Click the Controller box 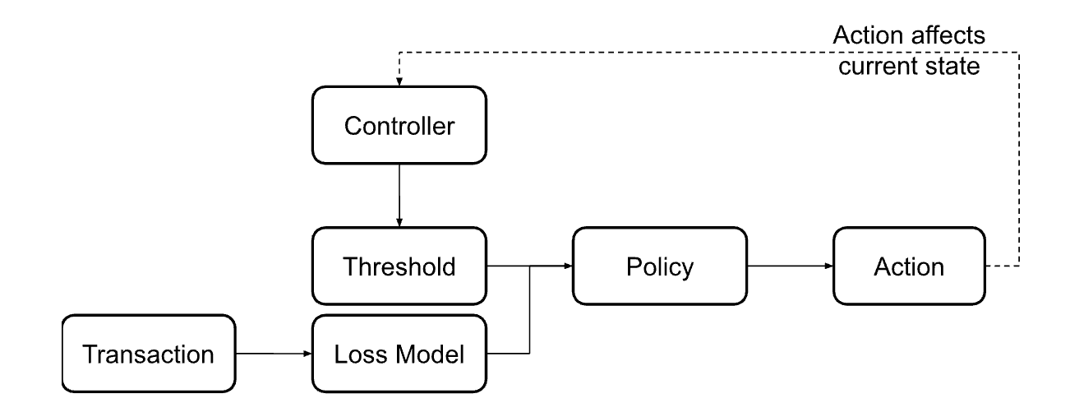click(x=399, y=126)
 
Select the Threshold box click(x=399, y=266)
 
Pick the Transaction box click(x=150, y=355)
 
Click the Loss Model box click(x=399, y=355)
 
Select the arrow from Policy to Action click(x=788, y=266)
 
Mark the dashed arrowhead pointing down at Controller click(x=399, y=81)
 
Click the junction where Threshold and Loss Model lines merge click(x=531, y=266)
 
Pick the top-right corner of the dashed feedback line click(x=1019, y=53)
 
